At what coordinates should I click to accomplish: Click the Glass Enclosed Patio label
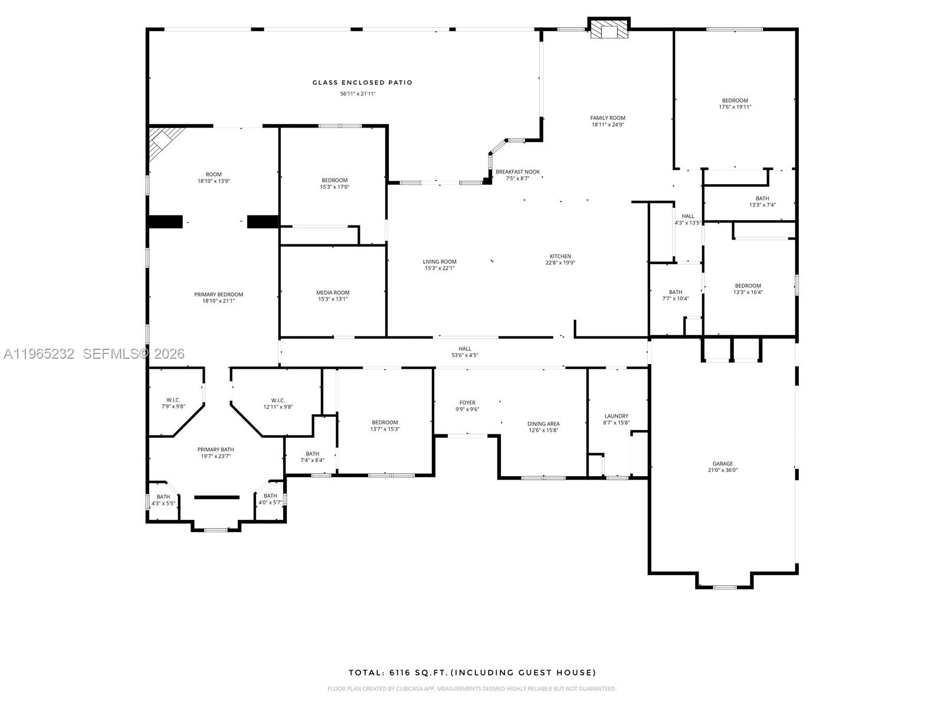(x=362, y=83)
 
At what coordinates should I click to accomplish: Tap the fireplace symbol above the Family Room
(x=609, y=30)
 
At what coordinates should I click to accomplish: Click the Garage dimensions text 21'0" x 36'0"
(x=723, y=470)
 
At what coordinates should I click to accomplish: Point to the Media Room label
(x=333, y=293)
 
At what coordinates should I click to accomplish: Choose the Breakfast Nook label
(x=517, y=172)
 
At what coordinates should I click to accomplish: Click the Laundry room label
(x=617, y=416)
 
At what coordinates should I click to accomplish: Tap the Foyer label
(x=467, y=403)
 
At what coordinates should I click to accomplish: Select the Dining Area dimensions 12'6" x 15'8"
(x=543, y=430)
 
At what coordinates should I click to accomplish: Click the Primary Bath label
(x=215, y=450)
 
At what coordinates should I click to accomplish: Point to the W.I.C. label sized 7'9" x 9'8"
(x=173, y=400)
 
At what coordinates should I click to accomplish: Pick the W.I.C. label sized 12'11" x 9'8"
(x=278, y=400)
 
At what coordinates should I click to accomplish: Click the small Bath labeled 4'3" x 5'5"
(x=163, y=497)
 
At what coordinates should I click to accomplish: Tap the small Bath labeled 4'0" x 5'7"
(x=270, y=496)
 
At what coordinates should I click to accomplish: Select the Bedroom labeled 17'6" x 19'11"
(x=735, y=100)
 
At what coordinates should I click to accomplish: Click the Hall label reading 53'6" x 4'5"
(x=465, y=349)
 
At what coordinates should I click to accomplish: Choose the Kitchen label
(x=560, y=256)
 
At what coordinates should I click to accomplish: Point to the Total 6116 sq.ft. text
(x=472, y=673)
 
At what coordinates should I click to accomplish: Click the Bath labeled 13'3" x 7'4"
(x=762, y=199)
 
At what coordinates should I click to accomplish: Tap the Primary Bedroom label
(x=218, y=294)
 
